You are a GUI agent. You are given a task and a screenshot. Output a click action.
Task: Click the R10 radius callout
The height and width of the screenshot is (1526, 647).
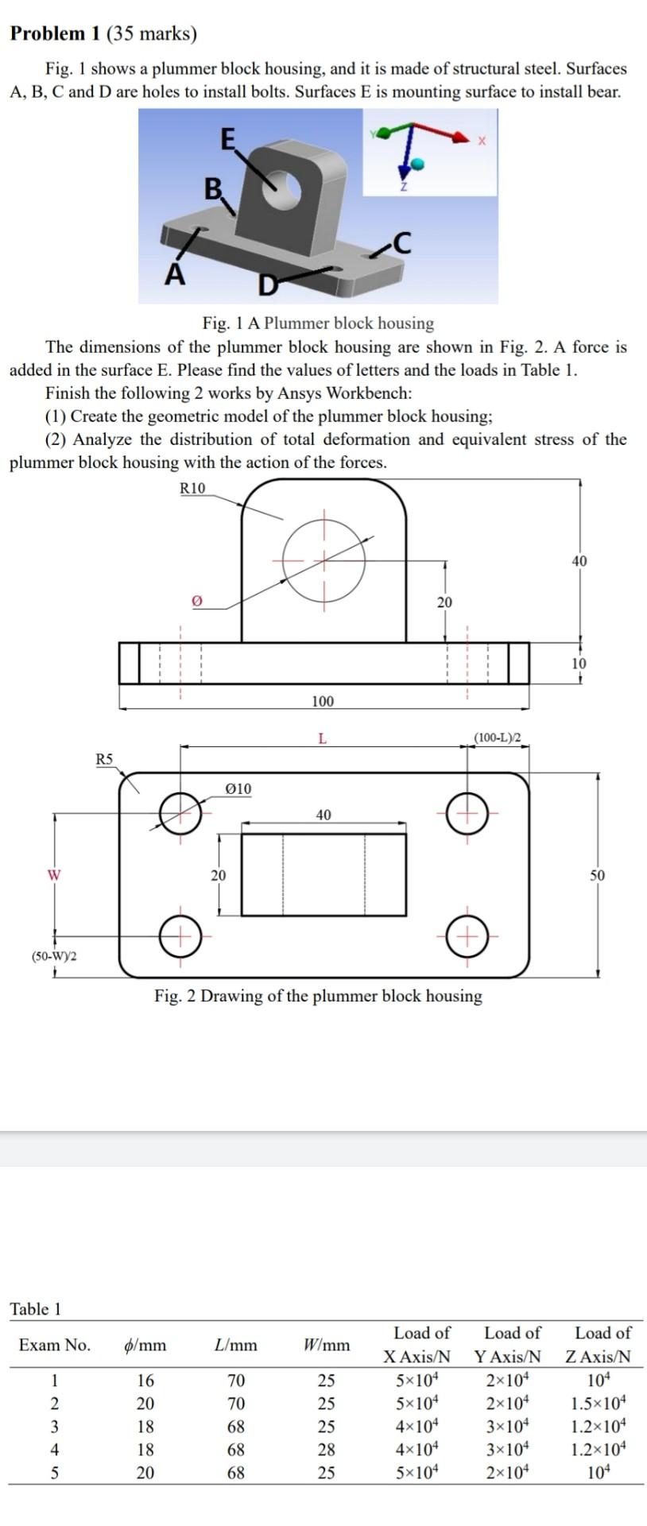click(192, 487)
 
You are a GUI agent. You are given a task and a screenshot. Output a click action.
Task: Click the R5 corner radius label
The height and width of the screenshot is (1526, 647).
click(105, 758)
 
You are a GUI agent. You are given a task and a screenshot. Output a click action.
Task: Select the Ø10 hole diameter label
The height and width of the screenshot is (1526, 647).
click(238, 788)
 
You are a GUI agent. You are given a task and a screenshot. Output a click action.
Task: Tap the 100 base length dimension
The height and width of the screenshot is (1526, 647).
click(323, 701)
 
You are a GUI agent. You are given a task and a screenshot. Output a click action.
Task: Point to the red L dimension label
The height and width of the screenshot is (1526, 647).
click(321, 738)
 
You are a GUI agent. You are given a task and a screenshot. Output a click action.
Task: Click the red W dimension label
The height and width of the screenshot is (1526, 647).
click(54, 875)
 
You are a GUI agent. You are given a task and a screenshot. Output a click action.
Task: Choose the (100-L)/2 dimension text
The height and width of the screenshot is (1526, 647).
click(498, 737)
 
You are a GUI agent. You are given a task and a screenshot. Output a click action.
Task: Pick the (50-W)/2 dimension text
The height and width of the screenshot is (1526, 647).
click(54, 955)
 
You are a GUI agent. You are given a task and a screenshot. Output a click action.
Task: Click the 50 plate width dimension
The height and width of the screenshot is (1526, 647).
click(598, 875)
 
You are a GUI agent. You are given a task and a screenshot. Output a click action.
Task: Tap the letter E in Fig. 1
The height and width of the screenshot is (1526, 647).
click(227, 139)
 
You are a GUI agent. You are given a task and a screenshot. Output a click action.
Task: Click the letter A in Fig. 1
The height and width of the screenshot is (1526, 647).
click(175, 275)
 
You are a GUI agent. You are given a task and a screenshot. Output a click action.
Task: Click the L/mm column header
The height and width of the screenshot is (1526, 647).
click(236, 1345)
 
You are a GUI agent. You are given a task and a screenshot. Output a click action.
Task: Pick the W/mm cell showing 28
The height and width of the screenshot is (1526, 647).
click(327, 1449)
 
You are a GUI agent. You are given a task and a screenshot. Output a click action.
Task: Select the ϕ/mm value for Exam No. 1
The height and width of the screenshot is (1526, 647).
click(145, 1380)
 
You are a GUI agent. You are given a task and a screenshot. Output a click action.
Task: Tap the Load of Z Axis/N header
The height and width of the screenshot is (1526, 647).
click(602, 1344)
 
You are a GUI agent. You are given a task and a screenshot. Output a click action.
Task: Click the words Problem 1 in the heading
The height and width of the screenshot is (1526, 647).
click(48, 33)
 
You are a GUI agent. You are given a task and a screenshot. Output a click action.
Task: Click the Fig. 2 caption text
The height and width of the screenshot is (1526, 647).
click(318, 996)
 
